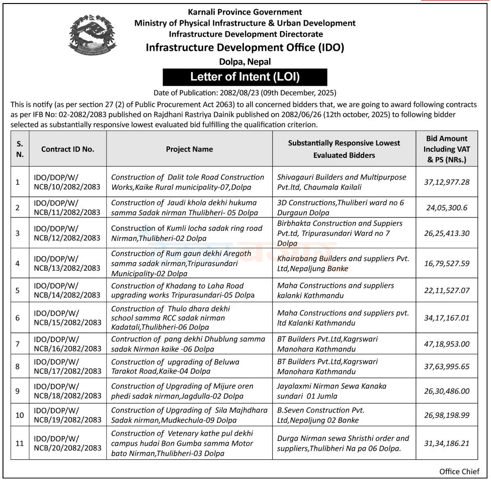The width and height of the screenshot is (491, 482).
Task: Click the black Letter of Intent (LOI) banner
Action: [245, 77]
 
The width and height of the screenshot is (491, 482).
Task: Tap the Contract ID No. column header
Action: [67, 149]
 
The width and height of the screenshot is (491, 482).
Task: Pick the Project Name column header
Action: [189, 149]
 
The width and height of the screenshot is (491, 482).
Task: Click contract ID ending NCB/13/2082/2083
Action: [67, 263]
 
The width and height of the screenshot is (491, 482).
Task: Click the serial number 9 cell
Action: [18, 391]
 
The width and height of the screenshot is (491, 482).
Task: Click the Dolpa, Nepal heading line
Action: [245, 62]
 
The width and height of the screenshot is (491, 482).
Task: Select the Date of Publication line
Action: [245, 93]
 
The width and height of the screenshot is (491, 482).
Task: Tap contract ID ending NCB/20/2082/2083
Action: [67, 443]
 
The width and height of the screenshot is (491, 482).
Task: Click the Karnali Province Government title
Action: [245, 12]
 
